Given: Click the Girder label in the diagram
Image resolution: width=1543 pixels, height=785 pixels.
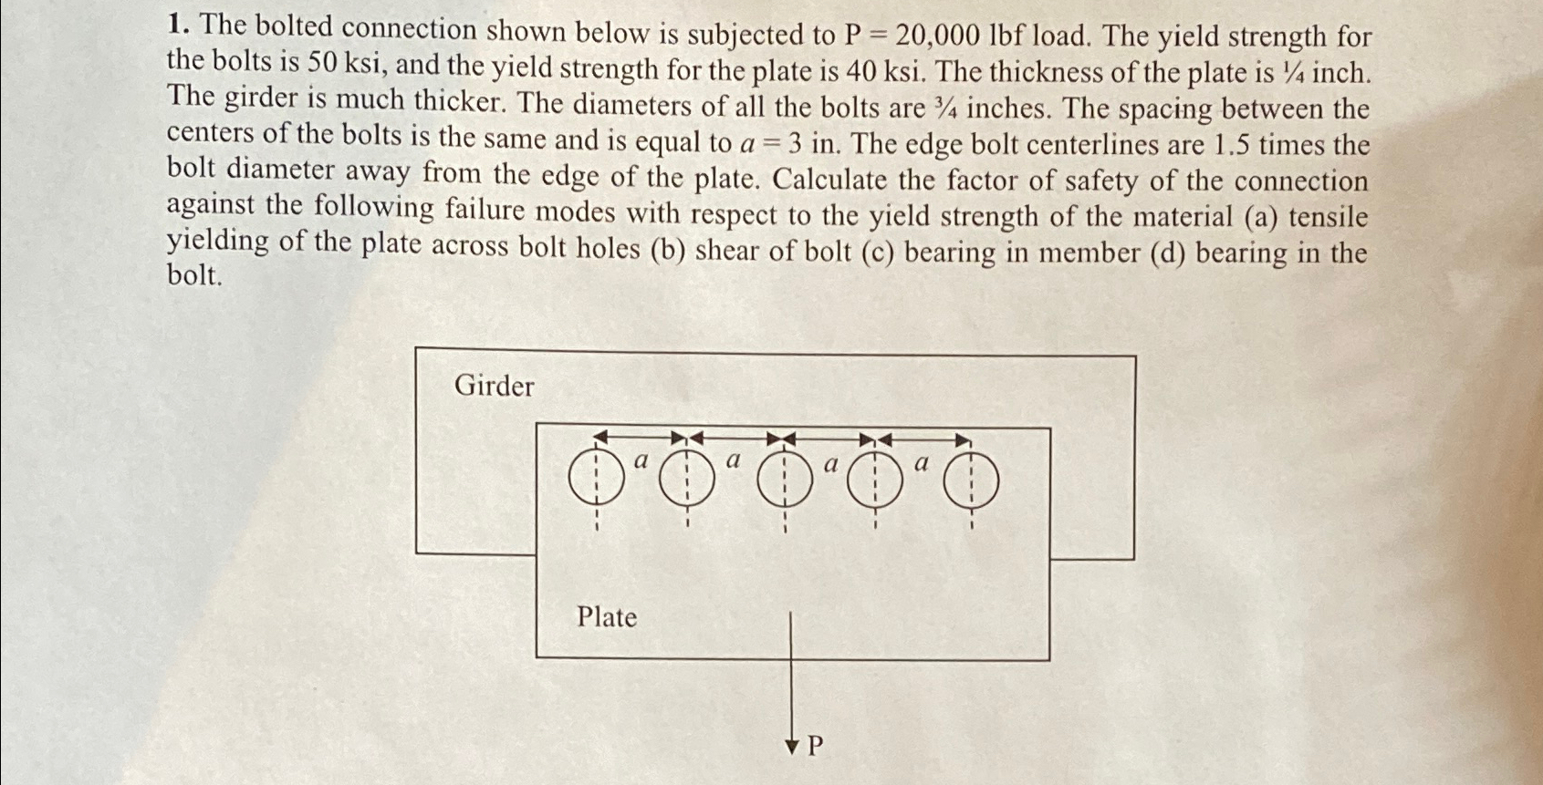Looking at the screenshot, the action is (494, 387).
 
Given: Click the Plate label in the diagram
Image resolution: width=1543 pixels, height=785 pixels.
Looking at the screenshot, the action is (606, 617).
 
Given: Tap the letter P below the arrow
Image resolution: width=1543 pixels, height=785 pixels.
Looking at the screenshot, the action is (816, 747).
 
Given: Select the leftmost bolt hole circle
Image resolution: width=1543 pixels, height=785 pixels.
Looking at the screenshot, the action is (596, 479).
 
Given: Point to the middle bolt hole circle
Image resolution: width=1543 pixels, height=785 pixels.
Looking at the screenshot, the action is (785, 480).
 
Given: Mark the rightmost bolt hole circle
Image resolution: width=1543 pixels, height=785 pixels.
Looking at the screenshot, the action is (971, 481).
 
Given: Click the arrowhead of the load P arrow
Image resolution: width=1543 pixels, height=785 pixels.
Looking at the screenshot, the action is (791, 748).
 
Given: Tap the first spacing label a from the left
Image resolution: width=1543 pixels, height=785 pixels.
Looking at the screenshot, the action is (641, 461).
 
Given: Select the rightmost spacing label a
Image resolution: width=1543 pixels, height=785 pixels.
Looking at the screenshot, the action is (922, 463).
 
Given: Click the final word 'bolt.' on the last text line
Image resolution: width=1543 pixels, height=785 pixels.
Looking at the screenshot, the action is (194, 274).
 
